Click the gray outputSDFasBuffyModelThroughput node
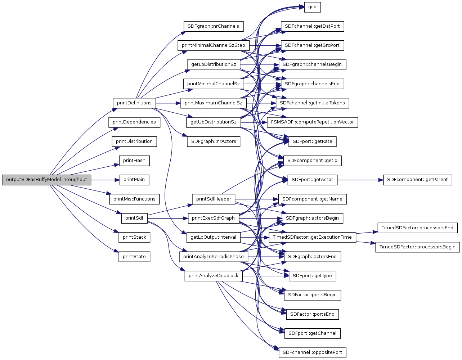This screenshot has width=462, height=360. (x=46, y=180)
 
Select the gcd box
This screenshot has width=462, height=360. (x=312, y=7)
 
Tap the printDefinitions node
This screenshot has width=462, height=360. (x=134, y=103)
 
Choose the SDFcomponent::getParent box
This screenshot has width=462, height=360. (x=417, y=180)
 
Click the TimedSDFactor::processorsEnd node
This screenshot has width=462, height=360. (x=417, y=228)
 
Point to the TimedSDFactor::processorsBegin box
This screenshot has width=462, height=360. (x=417, y=247)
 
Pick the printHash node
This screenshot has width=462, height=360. (x=134, y=161)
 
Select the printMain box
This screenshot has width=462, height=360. (x=134, y=180)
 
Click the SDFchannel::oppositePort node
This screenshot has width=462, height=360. (x=312, y=352)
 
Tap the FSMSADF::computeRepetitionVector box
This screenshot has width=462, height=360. (x=312, y=122)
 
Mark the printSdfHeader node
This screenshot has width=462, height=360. (x=214, y=199)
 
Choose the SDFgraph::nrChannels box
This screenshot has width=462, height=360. (x=213, y=26)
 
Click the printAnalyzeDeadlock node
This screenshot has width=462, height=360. (x=214, y=276)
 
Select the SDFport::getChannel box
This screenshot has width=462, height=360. (x=312, y=333)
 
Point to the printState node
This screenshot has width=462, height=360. (x=134, y=257)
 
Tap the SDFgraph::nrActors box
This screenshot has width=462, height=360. (x=214, y=141)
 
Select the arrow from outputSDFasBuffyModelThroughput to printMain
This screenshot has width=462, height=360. (x=105, y=180)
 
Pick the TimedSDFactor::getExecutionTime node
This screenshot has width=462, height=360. (x=312, y=237)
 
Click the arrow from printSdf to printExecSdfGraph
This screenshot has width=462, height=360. (x=167, y=218)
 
